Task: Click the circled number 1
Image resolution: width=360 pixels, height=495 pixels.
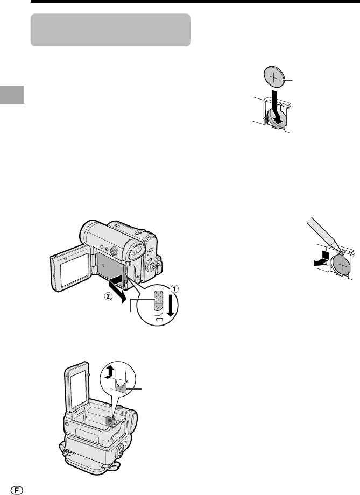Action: pos(175,288)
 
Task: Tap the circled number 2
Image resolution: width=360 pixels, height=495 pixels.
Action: pos(108,297)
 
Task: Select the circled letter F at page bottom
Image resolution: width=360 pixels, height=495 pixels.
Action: pos(17,490)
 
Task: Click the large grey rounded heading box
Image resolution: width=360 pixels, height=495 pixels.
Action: pos(110,30)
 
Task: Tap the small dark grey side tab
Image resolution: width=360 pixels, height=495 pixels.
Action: pos(12,94)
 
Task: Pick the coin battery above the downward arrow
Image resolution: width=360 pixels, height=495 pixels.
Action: pos(274,77)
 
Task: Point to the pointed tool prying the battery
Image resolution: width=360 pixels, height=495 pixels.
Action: pos(323,234)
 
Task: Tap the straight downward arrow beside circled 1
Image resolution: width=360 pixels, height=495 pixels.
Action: pos(171,305)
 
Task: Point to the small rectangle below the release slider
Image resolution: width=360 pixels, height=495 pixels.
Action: pos(159,320)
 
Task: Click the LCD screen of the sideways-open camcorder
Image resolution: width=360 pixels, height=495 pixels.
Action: pos(74,270)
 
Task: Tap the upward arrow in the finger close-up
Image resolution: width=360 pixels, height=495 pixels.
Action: pos(109,372)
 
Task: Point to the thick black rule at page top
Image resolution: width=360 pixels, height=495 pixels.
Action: pos(195,1)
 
